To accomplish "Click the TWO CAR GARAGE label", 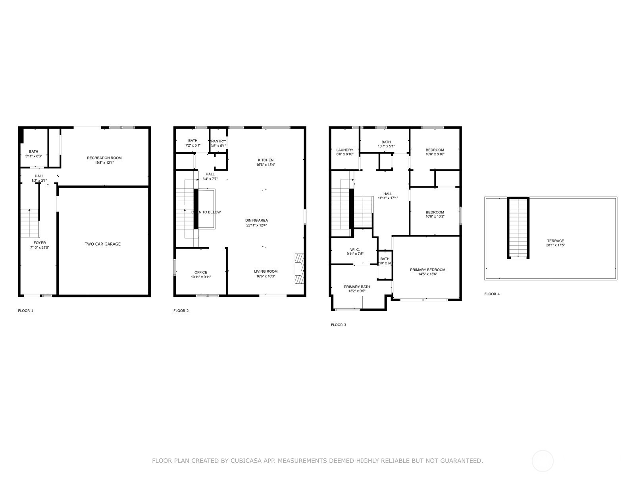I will [102, 244].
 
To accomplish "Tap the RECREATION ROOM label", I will [104, 158].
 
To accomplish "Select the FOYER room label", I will [40, 243].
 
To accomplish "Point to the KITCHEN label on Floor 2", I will [266, 160].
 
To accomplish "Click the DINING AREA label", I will [257, 220].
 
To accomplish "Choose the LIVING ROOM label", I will [266, 271].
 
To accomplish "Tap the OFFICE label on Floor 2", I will [201, 272].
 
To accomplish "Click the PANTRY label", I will [218, 141].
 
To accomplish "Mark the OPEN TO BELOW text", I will [206, 212].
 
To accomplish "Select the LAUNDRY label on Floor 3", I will [345, 150].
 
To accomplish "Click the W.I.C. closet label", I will [355, 250].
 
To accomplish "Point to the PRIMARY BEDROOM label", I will [427, 270].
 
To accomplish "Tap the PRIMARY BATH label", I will [357, 287].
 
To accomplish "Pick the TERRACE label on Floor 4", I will [555, 241].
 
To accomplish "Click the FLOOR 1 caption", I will [26, 310].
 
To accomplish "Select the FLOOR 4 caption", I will [492, 294].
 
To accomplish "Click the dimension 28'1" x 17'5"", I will [555, 245].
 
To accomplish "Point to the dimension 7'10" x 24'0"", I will [40, 248].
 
